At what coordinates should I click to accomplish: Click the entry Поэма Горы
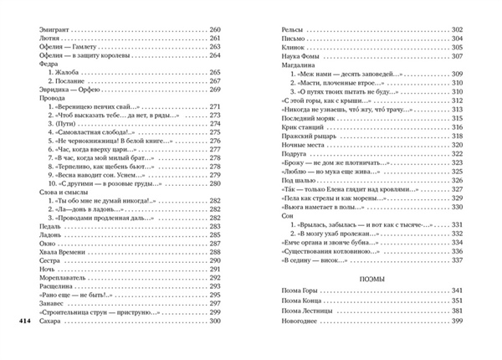point(295,291)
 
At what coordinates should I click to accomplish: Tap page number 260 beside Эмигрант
point(213,30)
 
